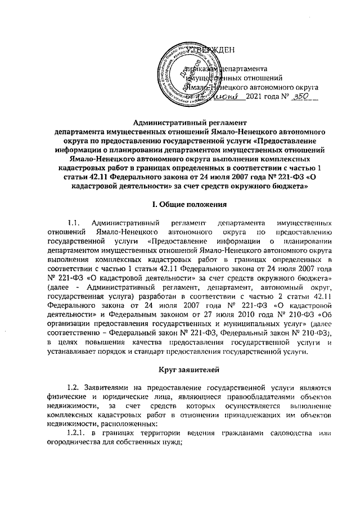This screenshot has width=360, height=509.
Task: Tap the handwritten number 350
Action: pos(301,97)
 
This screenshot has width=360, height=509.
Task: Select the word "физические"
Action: pos(68,397)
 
